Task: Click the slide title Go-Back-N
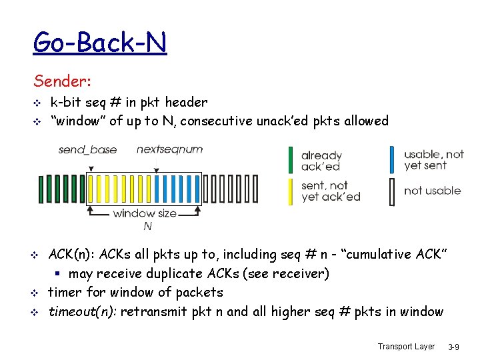100,43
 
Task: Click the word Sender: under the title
63,81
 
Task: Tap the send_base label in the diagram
87,149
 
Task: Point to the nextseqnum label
169,149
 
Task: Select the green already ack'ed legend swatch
291,160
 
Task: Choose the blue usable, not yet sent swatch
392,160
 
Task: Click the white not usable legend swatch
392,191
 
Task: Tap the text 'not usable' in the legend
432,191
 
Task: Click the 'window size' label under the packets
145,213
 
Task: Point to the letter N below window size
147,226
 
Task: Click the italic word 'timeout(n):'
82,311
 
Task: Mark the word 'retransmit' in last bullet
152,311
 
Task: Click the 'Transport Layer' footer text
406,346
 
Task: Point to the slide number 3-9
453,347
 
